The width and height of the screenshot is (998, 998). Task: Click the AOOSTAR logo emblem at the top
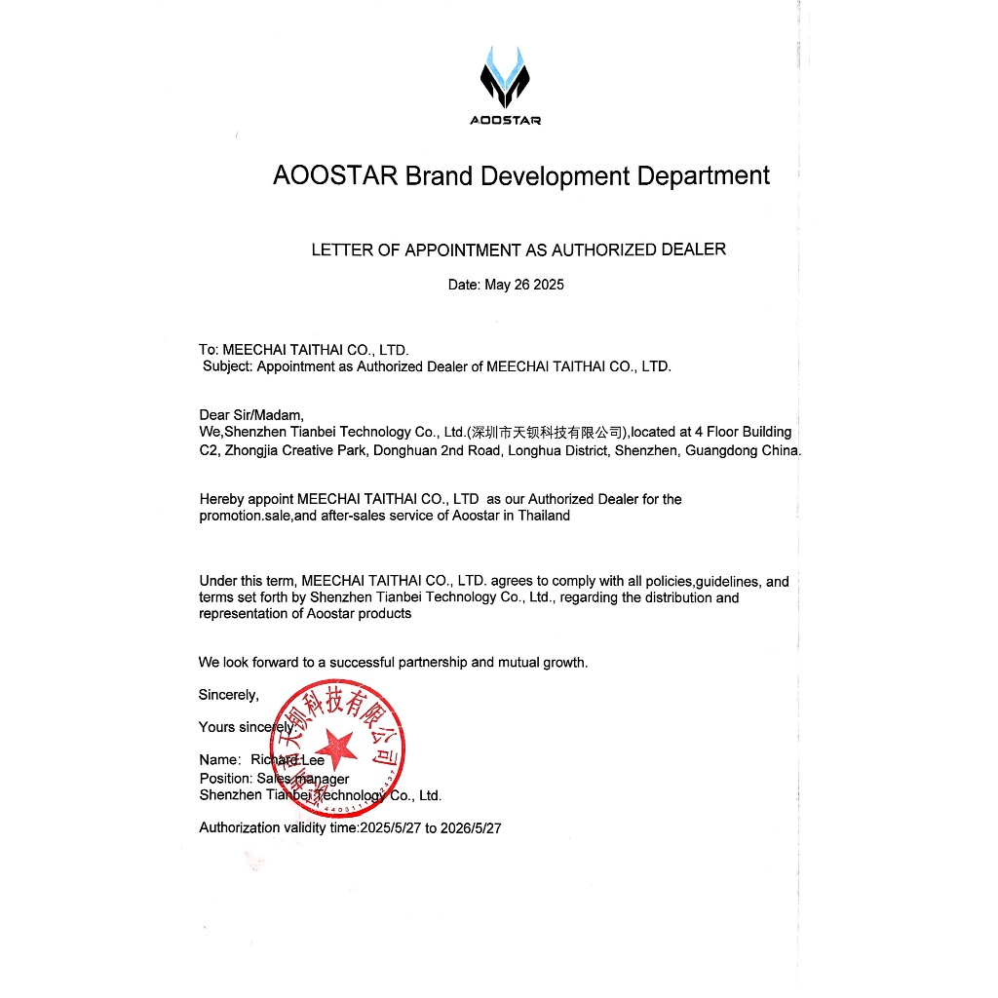click(505, 76)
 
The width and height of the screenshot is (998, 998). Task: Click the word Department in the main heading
click(703, 176)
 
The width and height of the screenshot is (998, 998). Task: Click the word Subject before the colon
click(228, 366)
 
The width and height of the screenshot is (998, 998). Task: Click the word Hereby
click(221, 499)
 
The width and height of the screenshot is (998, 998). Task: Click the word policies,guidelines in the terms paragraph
click(703, 582)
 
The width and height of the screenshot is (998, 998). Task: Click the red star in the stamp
click(338, 748)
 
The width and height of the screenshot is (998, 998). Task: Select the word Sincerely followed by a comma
click(229, 695)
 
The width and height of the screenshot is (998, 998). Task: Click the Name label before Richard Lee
click(218, 760)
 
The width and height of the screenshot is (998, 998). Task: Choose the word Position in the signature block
click(225, 779)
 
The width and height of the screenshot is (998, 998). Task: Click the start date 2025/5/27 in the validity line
click(391, 828)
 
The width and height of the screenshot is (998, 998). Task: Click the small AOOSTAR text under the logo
click(505, 121)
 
